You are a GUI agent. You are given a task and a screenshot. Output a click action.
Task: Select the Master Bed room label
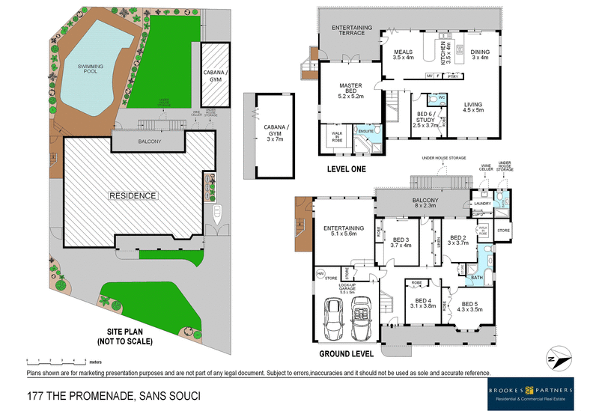pos(350,90)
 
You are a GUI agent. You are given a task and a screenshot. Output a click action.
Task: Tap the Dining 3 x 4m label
pos(479,55)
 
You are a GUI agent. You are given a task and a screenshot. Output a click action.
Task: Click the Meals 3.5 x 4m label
pos(404,55)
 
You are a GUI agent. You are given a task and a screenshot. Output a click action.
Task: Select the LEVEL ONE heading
pos(346,169)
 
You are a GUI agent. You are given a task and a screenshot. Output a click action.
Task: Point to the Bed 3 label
pos(401,242)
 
